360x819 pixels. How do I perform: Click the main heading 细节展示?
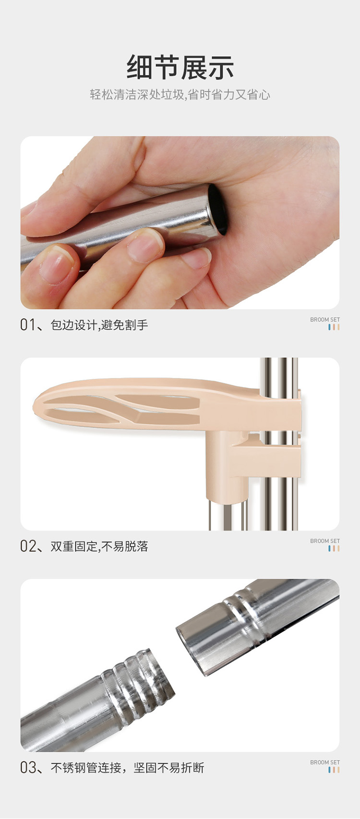(x=180, y=67)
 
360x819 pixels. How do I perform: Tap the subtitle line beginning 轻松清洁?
(x=180, y=95)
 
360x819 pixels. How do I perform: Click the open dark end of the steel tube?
(x=217, y=210)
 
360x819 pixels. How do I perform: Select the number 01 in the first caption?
(x=27, y=325)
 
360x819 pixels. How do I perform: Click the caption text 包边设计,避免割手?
(x=99, y=325)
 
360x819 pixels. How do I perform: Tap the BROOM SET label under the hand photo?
(x=325, y=320)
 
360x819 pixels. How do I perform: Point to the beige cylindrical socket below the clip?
(x=226, y=465)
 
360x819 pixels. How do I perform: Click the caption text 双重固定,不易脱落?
(x=99, y=546)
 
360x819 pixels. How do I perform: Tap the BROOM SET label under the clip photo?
(x=325, y=541)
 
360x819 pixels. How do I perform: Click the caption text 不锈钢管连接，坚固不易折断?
(x=127, y=768)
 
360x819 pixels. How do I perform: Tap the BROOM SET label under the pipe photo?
(x=325, y=762)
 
